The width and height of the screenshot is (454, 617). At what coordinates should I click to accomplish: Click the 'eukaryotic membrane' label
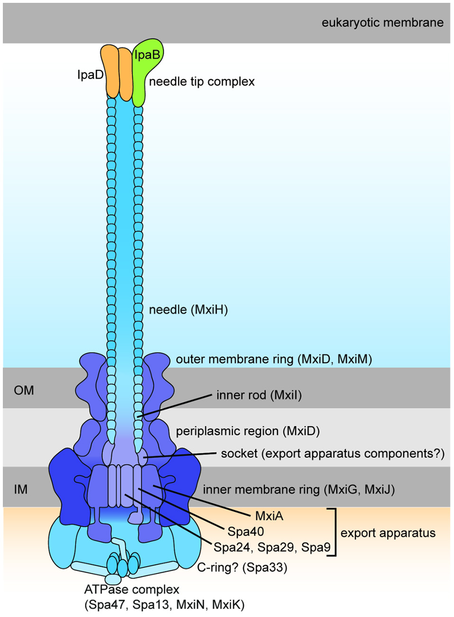tap(382, 23)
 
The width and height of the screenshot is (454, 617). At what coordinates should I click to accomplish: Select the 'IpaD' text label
tap(90, 75)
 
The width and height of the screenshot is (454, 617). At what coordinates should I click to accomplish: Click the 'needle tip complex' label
tap(202, 82)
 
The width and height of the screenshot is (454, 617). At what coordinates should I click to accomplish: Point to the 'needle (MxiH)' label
tap(188, 310)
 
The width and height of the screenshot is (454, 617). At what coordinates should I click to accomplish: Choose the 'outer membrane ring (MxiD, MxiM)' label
tap(274, 359)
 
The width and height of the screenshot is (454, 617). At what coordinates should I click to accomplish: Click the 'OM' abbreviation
tap(24, 390)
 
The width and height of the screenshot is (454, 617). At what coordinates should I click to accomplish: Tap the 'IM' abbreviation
tap(20, 489)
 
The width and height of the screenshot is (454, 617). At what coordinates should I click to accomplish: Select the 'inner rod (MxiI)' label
tap(259, 395)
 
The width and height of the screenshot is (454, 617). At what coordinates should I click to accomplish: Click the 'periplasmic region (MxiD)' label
tap(248, 431)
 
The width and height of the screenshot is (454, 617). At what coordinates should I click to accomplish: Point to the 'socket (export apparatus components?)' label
tap(333, 454)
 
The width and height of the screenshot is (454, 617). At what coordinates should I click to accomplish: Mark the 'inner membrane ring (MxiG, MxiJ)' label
tap(298, 490)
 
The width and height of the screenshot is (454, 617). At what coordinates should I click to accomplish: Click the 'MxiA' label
tap(269, 516)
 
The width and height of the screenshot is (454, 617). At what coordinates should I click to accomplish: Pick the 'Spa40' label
tap(246, 532)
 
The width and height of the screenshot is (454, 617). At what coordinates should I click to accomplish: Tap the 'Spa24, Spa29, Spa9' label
tap(272, 547)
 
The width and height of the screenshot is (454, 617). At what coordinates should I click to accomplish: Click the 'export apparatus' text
tap(388, 533)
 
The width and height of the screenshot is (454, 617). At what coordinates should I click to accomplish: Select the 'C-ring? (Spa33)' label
tap(242, 567)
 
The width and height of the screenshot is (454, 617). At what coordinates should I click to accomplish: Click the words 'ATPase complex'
tap(132, 590)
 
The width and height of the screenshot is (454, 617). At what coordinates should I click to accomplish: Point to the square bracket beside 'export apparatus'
tap(334, 532)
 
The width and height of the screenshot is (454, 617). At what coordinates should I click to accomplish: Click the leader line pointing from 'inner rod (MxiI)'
tap(176, 405)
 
